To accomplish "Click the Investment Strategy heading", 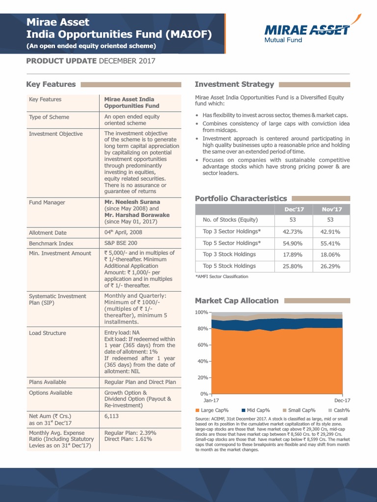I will click(234, 84).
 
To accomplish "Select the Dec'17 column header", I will click(294, 209).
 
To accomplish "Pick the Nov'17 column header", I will click(331, 209).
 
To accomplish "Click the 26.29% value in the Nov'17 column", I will click(331, 266).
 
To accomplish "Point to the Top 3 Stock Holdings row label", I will click(229, 254).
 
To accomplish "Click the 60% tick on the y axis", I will click(203, 345).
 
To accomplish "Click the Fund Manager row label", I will click(47, 202).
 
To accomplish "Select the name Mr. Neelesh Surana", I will click(132, 202).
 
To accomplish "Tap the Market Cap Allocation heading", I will click(237, 301).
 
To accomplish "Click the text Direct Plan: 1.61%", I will click(128, 440).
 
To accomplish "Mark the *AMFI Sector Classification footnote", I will click(222, 276).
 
